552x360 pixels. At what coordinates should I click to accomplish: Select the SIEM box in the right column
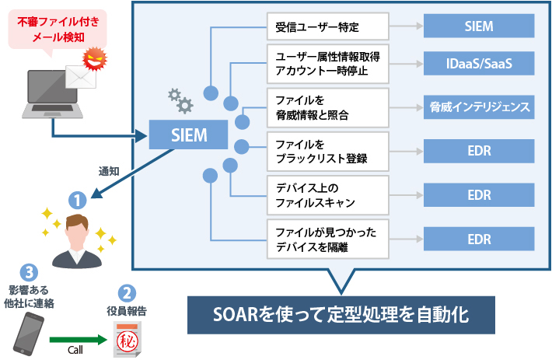coord(479,26)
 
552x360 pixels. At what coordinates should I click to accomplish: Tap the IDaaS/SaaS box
coord(479,63)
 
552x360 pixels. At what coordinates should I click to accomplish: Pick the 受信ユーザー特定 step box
coord(327,26)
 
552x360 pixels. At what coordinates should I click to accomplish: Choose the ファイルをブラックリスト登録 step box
coord(327,151)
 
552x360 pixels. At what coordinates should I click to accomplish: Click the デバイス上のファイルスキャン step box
coord(327,194)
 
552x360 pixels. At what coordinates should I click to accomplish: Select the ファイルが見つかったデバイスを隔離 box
coord(327,238)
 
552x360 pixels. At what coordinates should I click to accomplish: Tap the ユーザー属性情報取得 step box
coord(327,63)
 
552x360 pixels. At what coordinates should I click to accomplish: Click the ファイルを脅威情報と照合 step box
coord(327,107)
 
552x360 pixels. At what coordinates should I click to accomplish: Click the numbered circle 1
coord(75,199)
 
